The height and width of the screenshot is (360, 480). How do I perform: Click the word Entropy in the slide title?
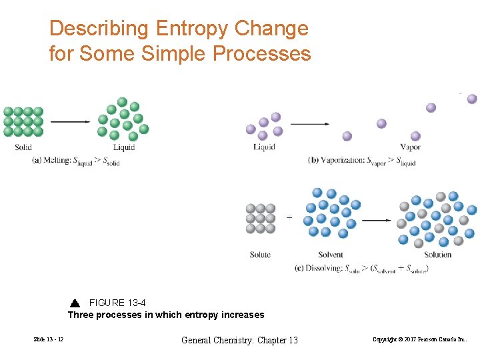[x=189, y=29]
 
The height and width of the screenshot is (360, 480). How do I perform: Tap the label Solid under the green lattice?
[x=23, y=147]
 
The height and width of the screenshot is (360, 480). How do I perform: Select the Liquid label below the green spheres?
[x=124, y=147]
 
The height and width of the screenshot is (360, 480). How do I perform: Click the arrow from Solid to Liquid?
[x=70, y=121]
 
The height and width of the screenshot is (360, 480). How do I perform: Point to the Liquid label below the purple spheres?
[x=265, y=147]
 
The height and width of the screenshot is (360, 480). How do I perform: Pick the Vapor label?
[x=411, y=147]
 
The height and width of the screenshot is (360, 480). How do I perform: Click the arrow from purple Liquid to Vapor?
[x=310, y=124]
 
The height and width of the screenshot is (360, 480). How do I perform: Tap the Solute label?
[x=260, y=255]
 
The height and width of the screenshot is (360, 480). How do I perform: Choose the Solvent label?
[x=331, y=255]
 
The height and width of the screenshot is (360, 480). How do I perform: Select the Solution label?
[x=437, y=255]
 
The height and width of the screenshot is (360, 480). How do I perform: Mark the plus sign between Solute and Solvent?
[x=289, y=217]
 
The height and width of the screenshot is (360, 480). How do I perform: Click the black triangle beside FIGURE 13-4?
[x=75, y=303]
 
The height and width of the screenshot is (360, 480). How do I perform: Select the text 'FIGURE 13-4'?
[x=117, y=303]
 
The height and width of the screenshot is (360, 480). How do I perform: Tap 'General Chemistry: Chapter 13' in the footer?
[x=240, y=341]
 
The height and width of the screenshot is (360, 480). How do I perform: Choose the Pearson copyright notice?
[x=420, y=341]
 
